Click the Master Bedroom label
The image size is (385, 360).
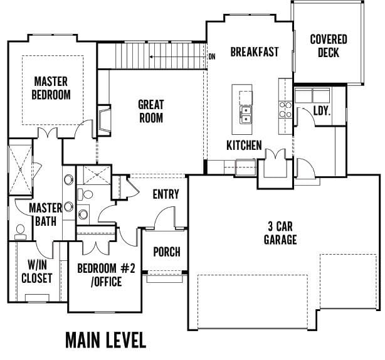[x=51, y=88]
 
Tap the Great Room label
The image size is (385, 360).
[x=151, y=111]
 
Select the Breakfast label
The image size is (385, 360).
[x=255, y=52]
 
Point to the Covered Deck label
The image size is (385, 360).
[x=329, y=46]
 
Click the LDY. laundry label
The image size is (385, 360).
[x=322, y=111]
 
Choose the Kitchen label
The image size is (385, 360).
[x=244, y=145]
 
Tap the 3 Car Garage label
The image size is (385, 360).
[x=280, y=233]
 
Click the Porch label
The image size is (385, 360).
[x=167, y=251]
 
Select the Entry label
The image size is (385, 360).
[x=166, y=194]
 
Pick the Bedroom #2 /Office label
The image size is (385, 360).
[x=106, y=275]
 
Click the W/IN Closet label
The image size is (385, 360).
[x=37, y=272]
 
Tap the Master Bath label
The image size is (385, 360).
[x=46, y=214]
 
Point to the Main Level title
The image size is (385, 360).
[x=106, y=340]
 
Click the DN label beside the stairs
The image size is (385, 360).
[x=212, y=56]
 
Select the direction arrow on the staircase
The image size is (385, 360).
[x=177, y=57]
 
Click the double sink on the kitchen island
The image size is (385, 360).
[x=246, y=115]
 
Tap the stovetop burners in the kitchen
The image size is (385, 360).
[x=285, y=110]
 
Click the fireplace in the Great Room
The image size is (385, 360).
[x=104, y=120]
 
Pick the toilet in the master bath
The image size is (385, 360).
[x=21, y=232]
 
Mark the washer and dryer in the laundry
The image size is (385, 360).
[x=312, y=95]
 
